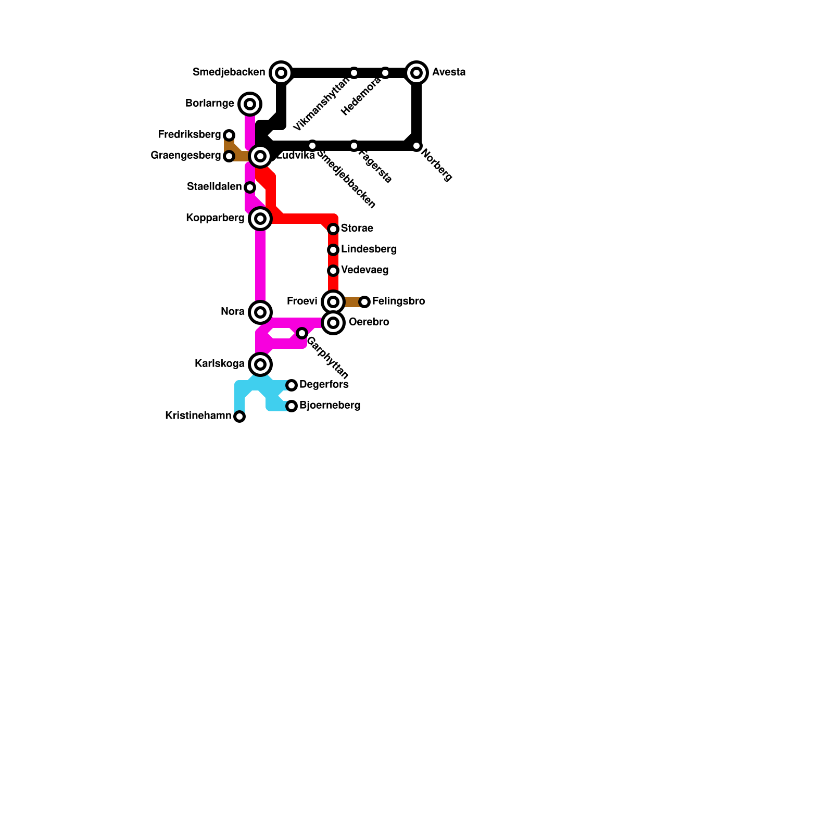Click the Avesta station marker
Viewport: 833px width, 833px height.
pos(416,73)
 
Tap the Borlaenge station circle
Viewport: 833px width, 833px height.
pos(250,104)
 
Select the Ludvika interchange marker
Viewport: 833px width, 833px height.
pos(260,156)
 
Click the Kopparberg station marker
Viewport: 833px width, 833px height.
pos(260,219)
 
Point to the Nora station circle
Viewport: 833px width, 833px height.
pos(260,312)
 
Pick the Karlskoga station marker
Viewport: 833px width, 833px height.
pos(260,364)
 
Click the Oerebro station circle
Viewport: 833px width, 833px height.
pos(333,323)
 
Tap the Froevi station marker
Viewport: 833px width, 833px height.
pos(333,302)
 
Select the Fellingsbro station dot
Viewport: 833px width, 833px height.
pos(364,302)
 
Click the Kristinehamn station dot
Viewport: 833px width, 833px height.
pos(239,416)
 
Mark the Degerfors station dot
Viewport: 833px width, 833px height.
pos(292,385)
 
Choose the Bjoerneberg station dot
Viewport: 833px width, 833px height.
pos(292,406)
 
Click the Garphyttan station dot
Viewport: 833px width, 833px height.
pos(302,333)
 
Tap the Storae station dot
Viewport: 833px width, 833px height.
pos(333,229)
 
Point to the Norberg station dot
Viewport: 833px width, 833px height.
pos(416,146)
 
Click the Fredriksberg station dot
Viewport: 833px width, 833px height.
pos(229,135)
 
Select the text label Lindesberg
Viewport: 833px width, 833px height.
pos(369,249)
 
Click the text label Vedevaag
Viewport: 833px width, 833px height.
pos(364,270)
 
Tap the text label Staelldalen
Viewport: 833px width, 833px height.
pos(214,187)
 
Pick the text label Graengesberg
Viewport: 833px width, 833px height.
pos(185,156)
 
